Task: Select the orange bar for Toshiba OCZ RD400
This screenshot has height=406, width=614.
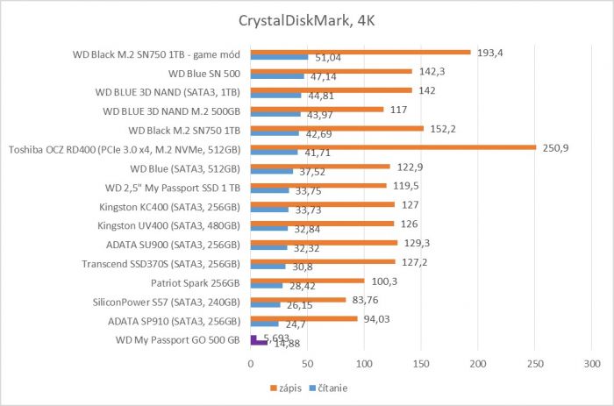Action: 393,147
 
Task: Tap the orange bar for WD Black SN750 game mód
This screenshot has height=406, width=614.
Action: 361,52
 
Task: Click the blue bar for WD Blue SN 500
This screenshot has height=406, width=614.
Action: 277,77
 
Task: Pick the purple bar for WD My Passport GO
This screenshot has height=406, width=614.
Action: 253,338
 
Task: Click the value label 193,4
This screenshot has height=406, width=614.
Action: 490,52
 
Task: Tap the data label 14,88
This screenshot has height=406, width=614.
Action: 284,344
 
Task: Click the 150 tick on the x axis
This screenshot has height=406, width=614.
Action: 422,363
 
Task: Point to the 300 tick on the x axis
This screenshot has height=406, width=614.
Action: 592,363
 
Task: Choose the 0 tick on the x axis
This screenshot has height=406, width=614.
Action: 251,363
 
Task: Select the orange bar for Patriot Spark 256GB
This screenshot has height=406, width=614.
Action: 307,281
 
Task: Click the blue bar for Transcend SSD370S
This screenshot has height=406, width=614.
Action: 268,267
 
